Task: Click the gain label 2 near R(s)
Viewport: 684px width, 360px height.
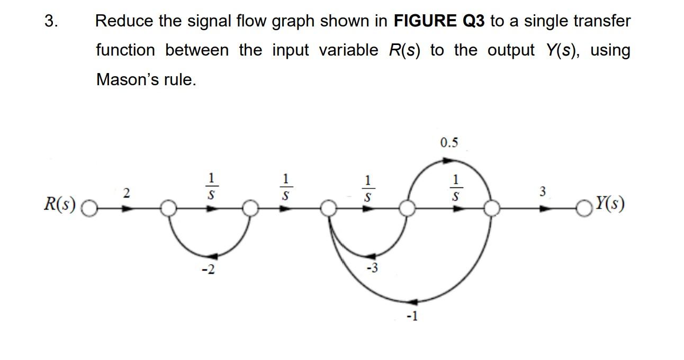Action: click(x=126, y=194)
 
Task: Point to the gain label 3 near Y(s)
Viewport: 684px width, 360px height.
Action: click(x=542, y=192)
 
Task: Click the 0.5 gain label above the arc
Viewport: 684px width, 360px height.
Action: click(x=449, y=142)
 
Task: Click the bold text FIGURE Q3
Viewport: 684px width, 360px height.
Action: click(x=439, y=22)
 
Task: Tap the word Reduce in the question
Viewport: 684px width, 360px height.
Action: click(x=124, y=22)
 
